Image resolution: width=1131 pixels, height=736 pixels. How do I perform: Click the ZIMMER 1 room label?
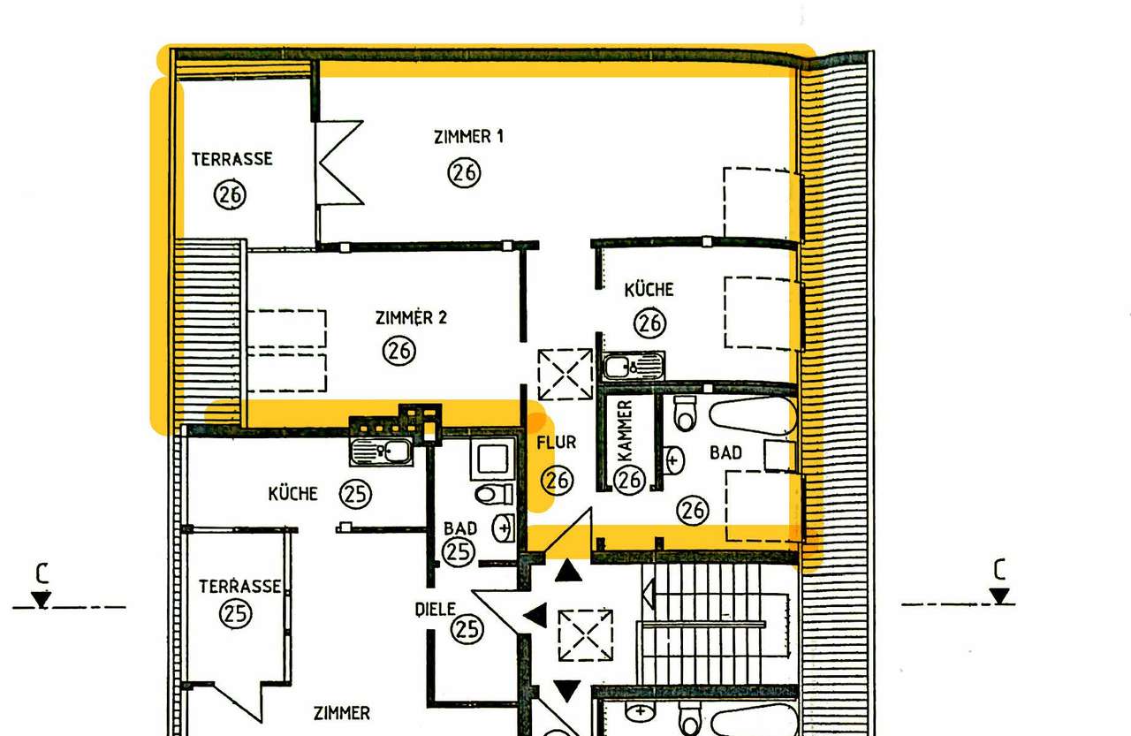click(468, 137)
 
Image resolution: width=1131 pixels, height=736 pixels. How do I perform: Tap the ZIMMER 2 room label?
click(411, 317)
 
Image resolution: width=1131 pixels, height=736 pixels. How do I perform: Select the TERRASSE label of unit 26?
click(232, 159)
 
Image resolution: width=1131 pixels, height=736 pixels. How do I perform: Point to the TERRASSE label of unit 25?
click(239, 587)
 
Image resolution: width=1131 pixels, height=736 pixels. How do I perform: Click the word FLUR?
click(557, 443)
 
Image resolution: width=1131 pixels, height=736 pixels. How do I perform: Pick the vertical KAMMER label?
click(625, 430)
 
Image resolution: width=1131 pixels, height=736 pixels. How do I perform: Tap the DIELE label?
click(436, 610)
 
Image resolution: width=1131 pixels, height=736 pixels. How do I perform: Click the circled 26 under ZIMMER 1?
click(464, 172)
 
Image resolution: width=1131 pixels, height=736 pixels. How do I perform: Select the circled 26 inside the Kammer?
click(630, 480)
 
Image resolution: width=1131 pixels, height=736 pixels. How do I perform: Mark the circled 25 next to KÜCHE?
click(355, 494)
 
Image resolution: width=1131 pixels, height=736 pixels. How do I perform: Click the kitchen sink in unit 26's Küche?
click(634, 366)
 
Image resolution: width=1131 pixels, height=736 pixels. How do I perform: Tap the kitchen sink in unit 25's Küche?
click(381, 451)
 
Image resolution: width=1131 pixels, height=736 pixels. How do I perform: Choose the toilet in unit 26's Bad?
click(685, 414)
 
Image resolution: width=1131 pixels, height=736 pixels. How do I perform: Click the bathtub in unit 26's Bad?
click(753, 415)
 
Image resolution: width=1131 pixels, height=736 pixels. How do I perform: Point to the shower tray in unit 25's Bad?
click(493, 459)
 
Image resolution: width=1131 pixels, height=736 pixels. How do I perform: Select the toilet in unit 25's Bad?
click(494, 494)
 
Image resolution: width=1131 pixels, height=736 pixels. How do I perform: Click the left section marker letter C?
click(42, 574)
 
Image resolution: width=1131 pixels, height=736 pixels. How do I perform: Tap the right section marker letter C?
click(999, 569)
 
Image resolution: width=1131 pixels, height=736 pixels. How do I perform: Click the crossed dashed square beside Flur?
click(565, 374)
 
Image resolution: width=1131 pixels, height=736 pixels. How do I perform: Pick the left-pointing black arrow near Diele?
click(535, 616)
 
